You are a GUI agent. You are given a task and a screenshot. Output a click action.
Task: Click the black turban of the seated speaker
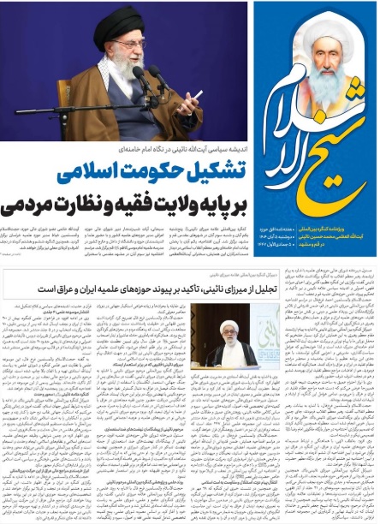point(119,26)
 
